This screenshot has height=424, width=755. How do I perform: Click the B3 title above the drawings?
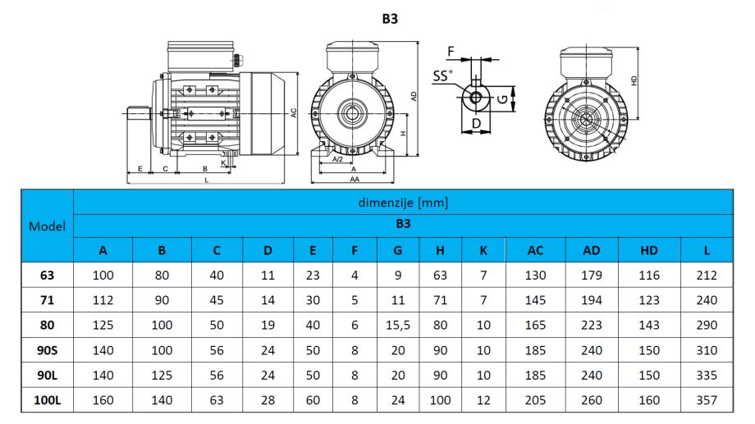point(390,19)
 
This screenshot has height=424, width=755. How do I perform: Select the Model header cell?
point(48,226)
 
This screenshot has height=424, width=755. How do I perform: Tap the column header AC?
point(535,250)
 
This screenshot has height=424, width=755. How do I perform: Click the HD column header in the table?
point(649,250)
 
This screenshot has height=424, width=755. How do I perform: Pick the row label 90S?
point(48,350)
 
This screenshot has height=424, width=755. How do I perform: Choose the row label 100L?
point(48,400)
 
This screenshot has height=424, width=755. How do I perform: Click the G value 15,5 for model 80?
point(398,326)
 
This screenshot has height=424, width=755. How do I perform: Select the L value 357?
point(707,400)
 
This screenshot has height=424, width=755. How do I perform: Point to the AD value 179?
point(592,276)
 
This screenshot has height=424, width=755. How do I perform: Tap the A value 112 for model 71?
point(103,300)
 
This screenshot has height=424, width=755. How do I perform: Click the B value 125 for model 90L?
point(162,376)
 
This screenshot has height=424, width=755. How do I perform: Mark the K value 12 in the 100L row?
point(483,400)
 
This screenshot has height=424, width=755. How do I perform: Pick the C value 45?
point(217,300)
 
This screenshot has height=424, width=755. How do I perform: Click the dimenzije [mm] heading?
point(403,203)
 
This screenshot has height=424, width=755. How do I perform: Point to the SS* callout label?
point(443,75)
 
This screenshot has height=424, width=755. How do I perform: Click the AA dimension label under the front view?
point(355,179)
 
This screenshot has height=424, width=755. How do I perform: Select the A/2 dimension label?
point(338,159)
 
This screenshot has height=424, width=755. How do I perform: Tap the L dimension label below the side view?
point(207,180)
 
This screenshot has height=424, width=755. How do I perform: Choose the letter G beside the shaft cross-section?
point(502,99)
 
